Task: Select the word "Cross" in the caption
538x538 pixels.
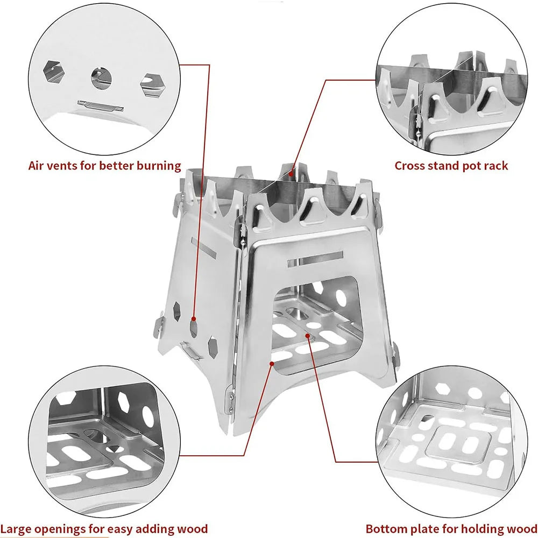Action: (411, 165)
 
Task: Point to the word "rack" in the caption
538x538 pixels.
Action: (495, 165)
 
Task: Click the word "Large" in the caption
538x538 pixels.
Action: (16, 528)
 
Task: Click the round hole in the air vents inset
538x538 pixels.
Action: (101, 79)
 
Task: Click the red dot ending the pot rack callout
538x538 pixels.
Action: (291, 173)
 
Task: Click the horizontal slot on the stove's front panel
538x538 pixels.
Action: (315, 258)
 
